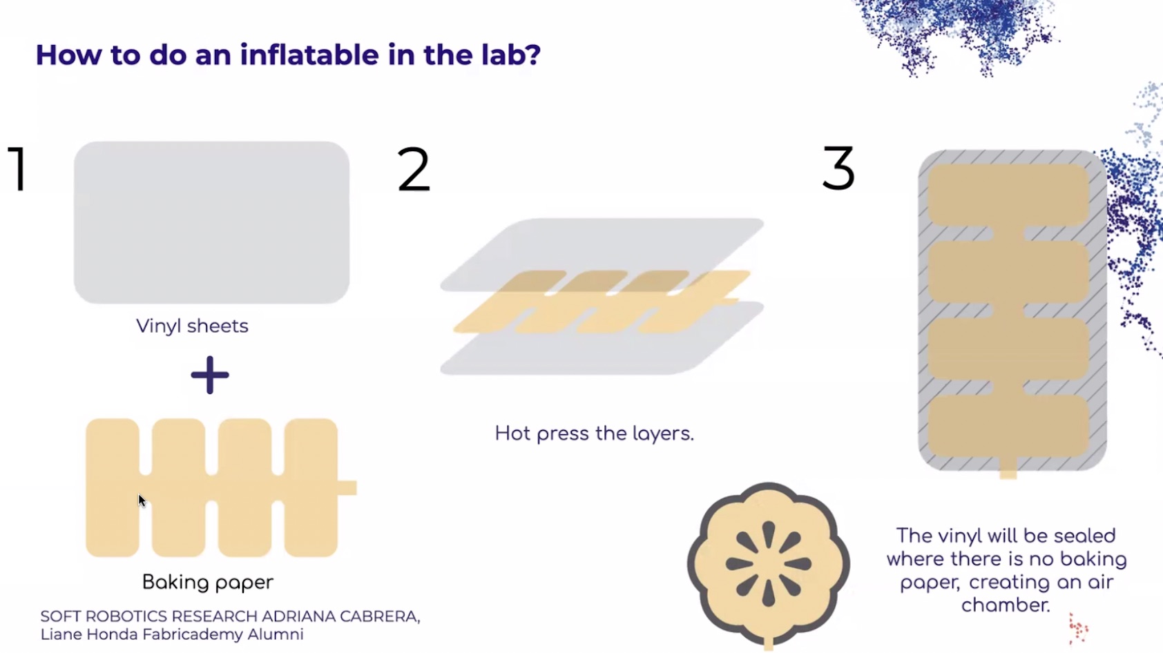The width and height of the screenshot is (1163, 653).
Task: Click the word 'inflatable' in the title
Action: tap(309, 54)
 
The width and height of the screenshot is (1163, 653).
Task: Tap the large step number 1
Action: tap(18, 168)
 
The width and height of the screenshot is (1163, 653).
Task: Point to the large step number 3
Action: tap(838, 168)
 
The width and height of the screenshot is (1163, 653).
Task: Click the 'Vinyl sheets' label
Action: tap(192, 326)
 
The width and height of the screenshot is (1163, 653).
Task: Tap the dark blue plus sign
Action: tap(210, 375)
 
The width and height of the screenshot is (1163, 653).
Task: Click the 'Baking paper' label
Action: tap(208, 582)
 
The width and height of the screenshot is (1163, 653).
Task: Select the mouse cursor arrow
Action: tap(142, 501)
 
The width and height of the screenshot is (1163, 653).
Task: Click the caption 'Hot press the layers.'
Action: tap(595, 433)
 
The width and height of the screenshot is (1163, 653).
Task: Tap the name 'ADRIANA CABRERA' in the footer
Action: tap(340, 616)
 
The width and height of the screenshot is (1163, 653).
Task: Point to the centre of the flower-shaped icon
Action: tap(769, 564)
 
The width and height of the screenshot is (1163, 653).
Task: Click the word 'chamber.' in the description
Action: tap(1006, 605)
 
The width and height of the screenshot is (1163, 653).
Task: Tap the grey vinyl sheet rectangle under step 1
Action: tap(211, 222)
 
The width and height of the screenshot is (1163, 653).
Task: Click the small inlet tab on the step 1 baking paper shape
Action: tap(347, 488)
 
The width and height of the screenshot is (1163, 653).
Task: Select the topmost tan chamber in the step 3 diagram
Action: tap(1008, 195)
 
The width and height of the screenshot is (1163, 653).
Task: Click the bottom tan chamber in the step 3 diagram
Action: tap(1008, 426)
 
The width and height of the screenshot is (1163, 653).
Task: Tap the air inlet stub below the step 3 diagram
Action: tap(1008, 468)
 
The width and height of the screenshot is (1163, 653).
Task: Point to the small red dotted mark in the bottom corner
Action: tap(1078, 628)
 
